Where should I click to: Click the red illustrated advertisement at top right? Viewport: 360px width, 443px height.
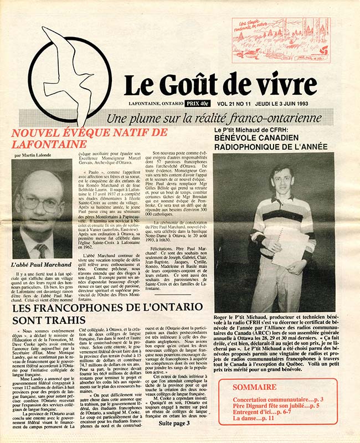point(281,40)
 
